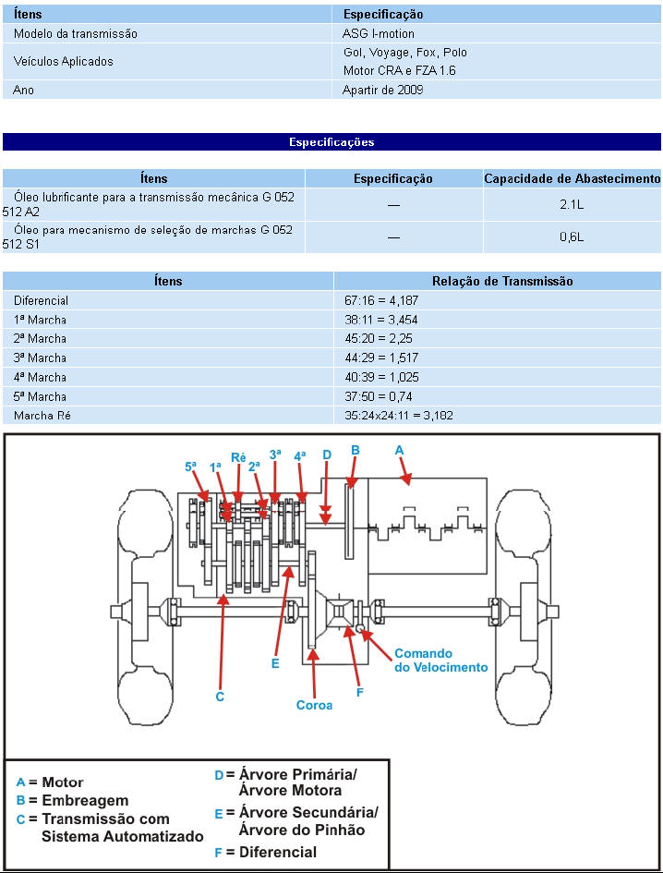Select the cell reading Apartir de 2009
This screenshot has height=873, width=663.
pyautogui.click(x=384, y=90)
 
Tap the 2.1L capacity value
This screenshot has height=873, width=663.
pyautogui.click(x=572, y=205)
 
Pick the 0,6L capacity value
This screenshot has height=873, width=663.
pyautogui.click(x=572, y=237)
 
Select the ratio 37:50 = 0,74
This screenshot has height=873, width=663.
pyautogui.click(x=380, y=396)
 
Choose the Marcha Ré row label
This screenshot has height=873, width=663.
pyautogui.click(x=42, y=416)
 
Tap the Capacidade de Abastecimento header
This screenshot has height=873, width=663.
pyautogui.click(x=573, y=178)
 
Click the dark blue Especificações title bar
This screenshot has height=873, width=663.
pyautogui.click(x=331, y=142)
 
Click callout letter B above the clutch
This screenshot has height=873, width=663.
pyautogui.click(x=355, y=450)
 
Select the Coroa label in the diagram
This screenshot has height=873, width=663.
pyautogui.click(x=314, y=705)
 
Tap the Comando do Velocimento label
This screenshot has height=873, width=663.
pyautogui.click(x=440, y=660)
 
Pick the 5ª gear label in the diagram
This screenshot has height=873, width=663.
pyautogui.click(x=191, y=467)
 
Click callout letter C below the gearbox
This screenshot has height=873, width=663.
pyautogui.click(x=220, y=697)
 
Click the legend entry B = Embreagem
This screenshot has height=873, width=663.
pyautogui.click(x=73, y=800)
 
